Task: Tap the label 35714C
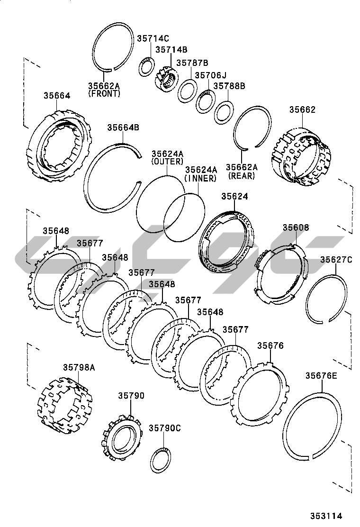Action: (x=153, y=38)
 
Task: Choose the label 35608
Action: (x=296, y=227)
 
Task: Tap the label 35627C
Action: (x=336, y=259)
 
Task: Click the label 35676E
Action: (x=321, y=376)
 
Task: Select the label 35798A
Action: (x=79, y=366)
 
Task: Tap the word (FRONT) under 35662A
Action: (x=104, y=94)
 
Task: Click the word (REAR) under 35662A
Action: (x=242, y=176)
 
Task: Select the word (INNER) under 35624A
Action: (x=200, y=178)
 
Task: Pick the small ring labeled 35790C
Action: (x=161, y=459)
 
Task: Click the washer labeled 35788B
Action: (x=222, y=112)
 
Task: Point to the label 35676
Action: (x=270, y=345)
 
